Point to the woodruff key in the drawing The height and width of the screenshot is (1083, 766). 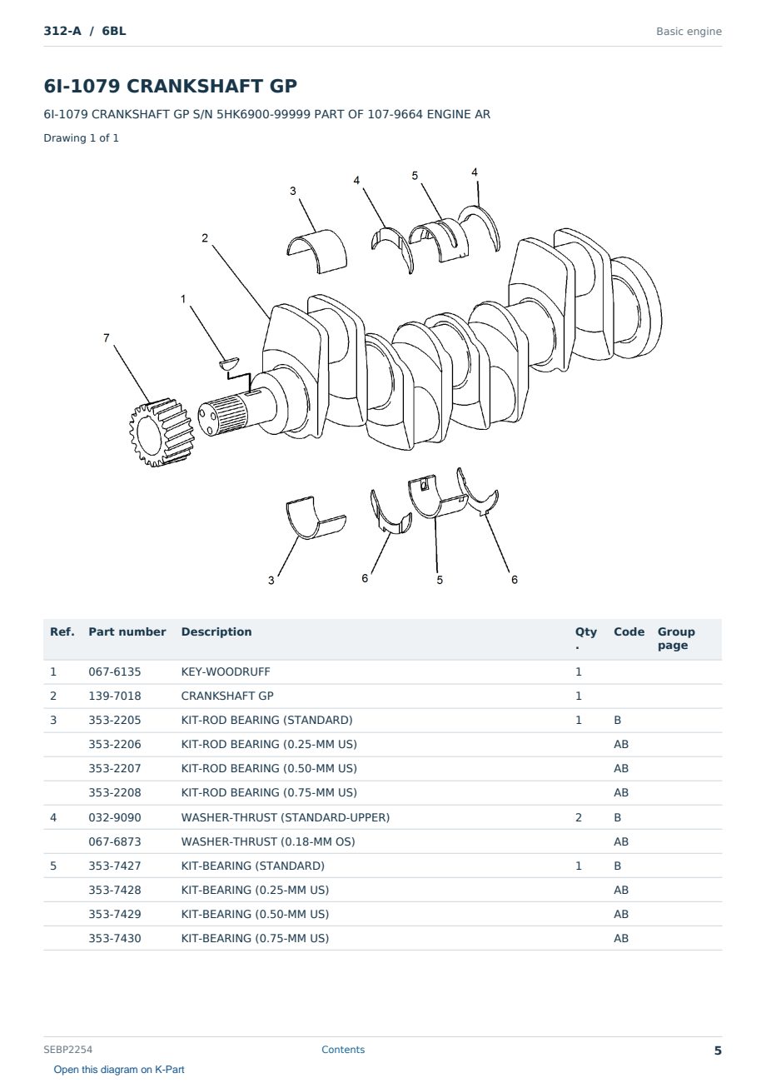point(229,362)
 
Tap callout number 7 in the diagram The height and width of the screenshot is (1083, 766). point(107,338)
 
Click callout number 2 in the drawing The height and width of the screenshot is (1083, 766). point(205,238)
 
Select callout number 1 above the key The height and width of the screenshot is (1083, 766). point(183,299)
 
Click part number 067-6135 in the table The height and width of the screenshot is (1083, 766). point(115,671)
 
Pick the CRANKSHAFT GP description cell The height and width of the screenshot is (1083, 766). point(227,696)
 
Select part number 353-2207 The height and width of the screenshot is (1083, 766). point(115,768)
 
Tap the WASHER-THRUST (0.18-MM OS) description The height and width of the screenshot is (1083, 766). point(268,841)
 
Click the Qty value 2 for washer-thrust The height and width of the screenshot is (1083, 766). point(579,817)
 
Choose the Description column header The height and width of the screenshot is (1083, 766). point(216,632)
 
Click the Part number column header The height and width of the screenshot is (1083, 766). point(127,632)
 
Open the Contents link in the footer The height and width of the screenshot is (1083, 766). point(343,1050)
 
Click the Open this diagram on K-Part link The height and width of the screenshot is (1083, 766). point(119,1070)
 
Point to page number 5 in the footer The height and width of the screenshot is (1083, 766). point(718,1051)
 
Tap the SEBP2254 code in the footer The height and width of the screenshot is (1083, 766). point(67,1050)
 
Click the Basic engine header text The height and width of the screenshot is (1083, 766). point(689,32)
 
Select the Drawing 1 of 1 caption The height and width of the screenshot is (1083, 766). point(82,138)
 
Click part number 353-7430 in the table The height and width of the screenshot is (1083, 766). point(115,938)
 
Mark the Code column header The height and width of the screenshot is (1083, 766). point(629,632)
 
